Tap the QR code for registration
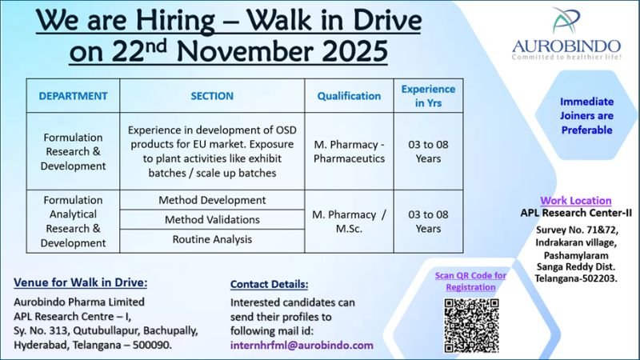click(x=470, y=324)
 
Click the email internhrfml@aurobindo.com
click(x=302, y=345)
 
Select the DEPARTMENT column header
click(x=73, y=96)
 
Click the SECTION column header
click(x=212, y=96)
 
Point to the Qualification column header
click(x=349, y=96)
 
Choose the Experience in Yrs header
click(x=428, y=96)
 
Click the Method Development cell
click(x=212, y=200)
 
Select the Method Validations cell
click(x=212, y=219)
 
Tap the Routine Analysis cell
click(x=212, y=238)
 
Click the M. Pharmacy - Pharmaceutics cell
click(x=349, y=151)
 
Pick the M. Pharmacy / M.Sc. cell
click(x=349, y=221)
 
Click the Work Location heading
click(x=575, y=201)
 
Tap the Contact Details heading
click(x=269, y=284)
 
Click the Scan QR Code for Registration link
click(x=470, y=281)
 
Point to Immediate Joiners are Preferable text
click(x=586, y=115)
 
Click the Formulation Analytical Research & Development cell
click(x=73, y=221)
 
